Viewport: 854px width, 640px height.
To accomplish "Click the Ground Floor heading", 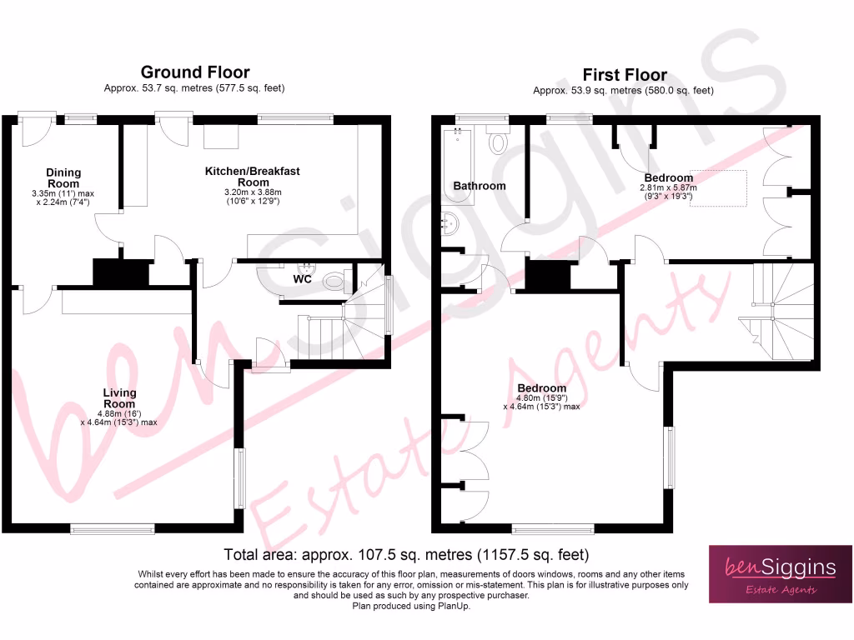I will [x=194, y=72].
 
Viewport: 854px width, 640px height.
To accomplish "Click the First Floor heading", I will [x=624, y=75].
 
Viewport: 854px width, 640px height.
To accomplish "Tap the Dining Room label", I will [x=63, y=178].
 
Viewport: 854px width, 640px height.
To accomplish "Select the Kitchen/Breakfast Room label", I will [x=253, y=177].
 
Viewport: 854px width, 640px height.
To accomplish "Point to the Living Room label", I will [x=119, y=398].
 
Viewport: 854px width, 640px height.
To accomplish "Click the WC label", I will [x=302, y=279].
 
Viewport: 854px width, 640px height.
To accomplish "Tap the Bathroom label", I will [x=480, y=186].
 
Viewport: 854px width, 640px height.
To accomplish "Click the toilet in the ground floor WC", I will [x=335, y=282].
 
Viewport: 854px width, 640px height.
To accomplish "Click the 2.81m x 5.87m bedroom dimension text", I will [x=668, y=188].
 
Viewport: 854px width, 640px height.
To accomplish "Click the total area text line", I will [x=406, y=554].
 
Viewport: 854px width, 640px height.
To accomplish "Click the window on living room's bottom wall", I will [x=113, y=527].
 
